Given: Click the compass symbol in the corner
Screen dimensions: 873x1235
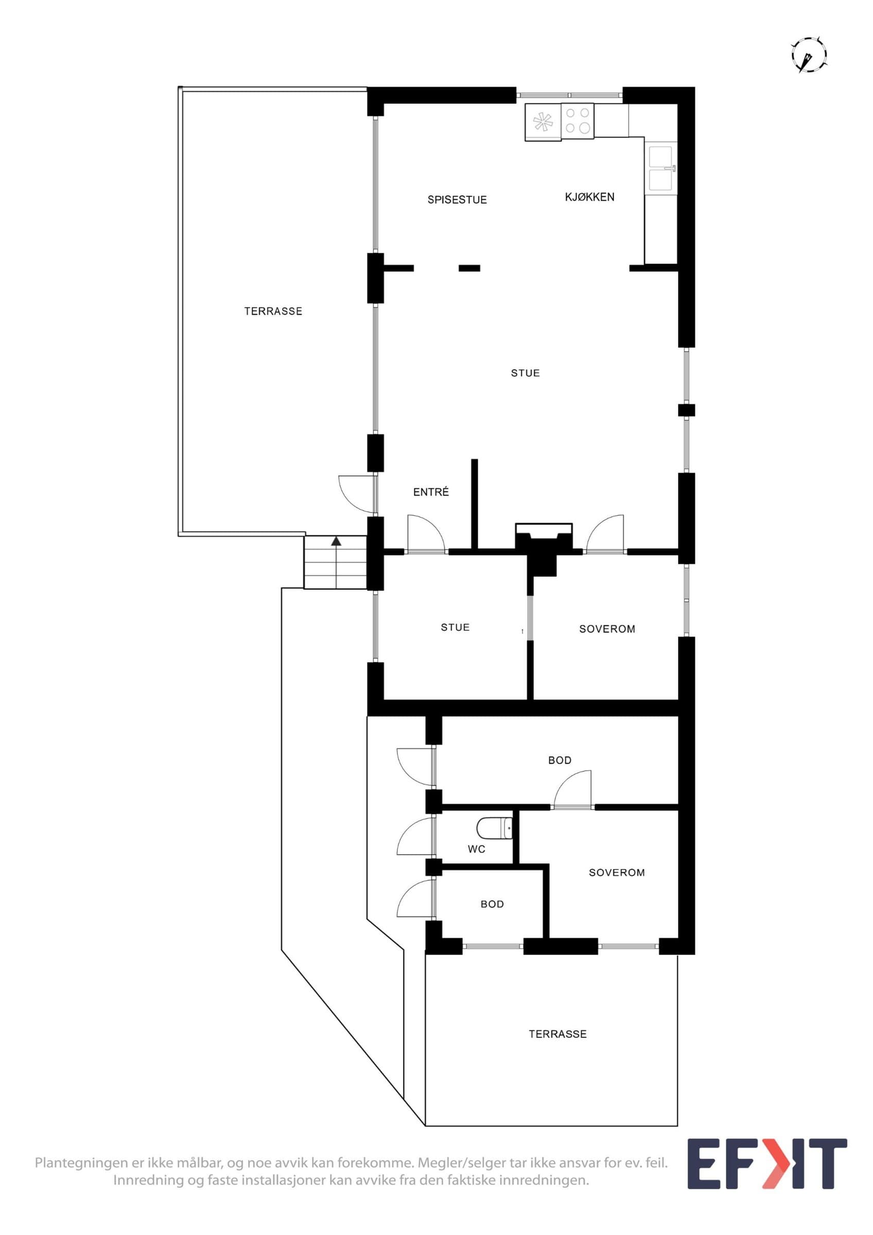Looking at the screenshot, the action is pos(809,55).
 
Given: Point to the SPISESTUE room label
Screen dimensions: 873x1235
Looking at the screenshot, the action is pos(457,200).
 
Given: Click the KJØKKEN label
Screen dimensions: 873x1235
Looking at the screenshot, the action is pos(589,197).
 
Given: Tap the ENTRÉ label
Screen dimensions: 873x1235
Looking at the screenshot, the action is pos(431,491).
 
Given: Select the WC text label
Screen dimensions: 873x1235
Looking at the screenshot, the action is pos(477,850).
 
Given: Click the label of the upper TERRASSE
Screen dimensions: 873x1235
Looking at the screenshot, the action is pos(273,311).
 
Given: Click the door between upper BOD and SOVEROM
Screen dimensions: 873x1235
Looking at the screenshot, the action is pos(572,789).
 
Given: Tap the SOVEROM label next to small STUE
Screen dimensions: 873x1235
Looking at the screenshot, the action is pos(607,629).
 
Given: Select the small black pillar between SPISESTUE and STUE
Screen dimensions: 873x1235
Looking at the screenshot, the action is pos(469,268).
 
